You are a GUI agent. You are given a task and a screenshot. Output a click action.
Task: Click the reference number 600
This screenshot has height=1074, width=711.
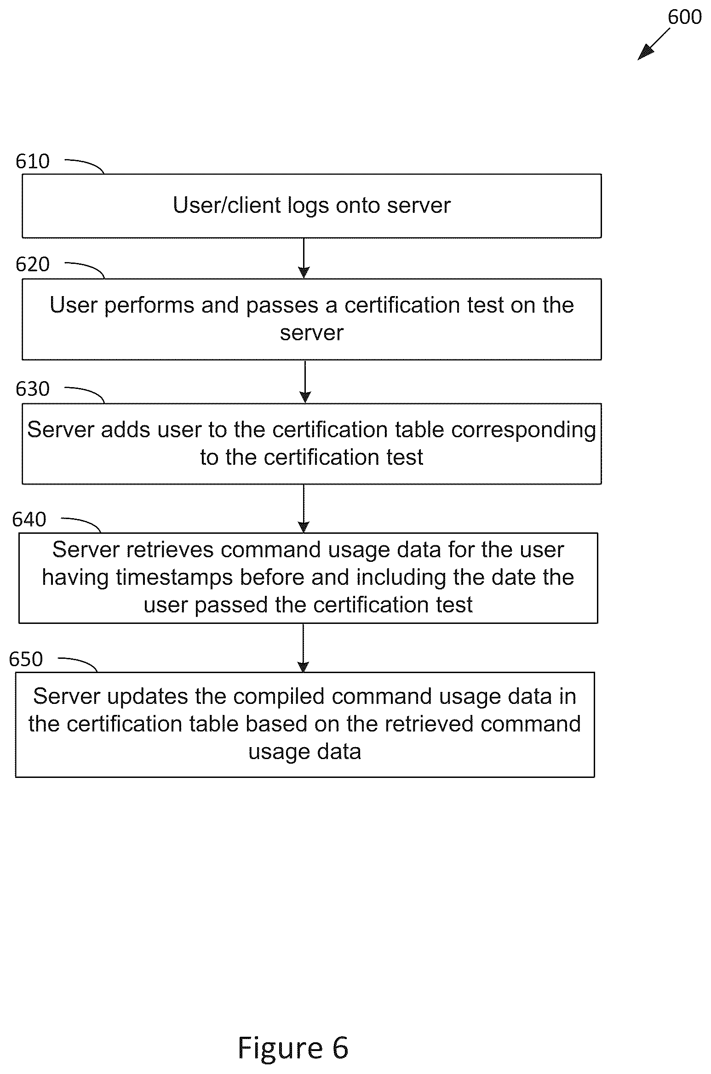(x=684, y=17)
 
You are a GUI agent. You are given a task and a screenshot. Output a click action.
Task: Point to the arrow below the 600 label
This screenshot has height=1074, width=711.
(x=654, y=44)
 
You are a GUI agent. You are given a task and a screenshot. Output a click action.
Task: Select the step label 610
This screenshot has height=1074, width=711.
(x=33, y=161)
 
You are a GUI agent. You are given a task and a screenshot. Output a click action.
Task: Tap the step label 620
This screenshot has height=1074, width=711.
(x=33, y=264)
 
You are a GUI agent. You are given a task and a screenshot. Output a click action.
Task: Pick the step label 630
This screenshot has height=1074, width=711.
(x=33, y=389)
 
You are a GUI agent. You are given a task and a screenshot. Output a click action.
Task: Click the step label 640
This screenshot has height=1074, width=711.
(x=29, y=520)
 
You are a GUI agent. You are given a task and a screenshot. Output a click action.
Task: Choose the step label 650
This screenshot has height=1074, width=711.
(x=26, y=659)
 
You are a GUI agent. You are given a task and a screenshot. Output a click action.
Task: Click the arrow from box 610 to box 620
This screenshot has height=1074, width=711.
(x=304, y=258)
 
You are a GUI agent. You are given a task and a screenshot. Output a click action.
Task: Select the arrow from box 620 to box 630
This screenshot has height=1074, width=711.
(x=305, y=382)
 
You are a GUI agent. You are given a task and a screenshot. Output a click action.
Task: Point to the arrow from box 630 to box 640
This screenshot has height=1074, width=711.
(x=304, y=508)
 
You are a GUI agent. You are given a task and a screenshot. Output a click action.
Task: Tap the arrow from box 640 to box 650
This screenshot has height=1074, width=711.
(x=303, y=648)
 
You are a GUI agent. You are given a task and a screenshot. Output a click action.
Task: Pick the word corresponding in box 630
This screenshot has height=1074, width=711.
(x=523, y=430)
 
